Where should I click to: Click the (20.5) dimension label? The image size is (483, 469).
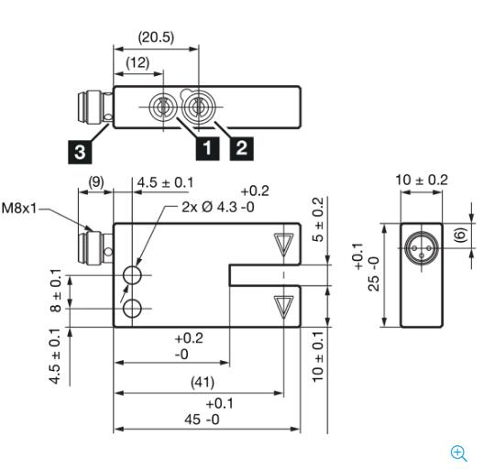[156, 38]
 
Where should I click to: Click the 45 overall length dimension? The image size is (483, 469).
[205, 420]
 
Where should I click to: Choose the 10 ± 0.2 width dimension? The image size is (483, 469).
[422, 180]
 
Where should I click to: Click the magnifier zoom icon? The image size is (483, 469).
[459, 453]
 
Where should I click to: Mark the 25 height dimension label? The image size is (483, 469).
[368, 273]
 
